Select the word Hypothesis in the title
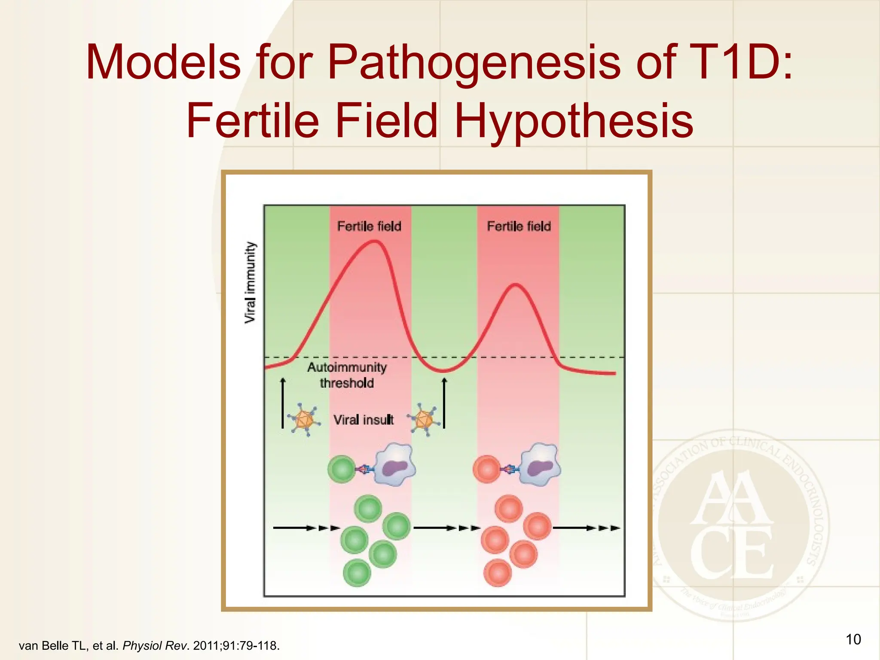573,121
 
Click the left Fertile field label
369,226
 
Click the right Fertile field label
519,226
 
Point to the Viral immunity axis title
250,282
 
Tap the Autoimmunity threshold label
347,375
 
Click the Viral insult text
364,420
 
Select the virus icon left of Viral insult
304,419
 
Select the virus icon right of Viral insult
425,419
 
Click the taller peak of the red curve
375,242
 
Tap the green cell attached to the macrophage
342,469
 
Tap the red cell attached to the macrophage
487,469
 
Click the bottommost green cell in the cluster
357,573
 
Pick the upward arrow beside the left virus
283,403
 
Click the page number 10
853,639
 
